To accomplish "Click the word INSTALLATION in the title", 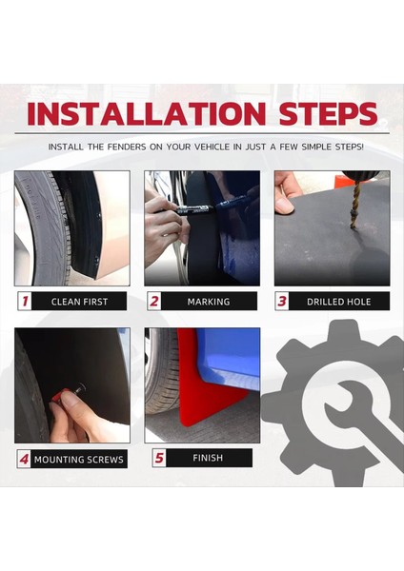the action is point(147,113).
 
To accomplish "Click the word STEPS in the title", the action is point(328,113).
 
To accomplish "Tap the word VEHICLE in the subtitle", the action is point(212,148).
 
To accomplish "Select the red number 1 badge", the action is point(25,301).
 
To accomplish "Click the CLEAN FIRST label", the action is point(79,302).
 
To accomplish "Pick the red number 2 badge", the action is point(154,301).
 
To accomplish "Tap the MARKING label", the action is point(209,302).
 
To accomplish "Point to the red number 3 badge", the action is point(282,301).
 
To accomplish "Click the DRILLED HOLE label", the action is point(339,302).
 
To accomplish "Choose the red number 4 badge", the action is point(24,459).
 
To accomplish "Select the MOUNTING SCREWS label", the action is point(79,460).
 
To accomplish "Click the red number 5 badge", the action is point(159,458).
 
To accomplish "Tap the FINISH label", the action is point(208,458).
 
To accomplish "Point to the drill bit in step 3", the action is point(354,204).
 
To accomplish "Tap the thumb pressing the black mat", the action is point(284,204).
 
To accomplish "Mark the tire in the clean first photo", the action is point(46,228).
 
